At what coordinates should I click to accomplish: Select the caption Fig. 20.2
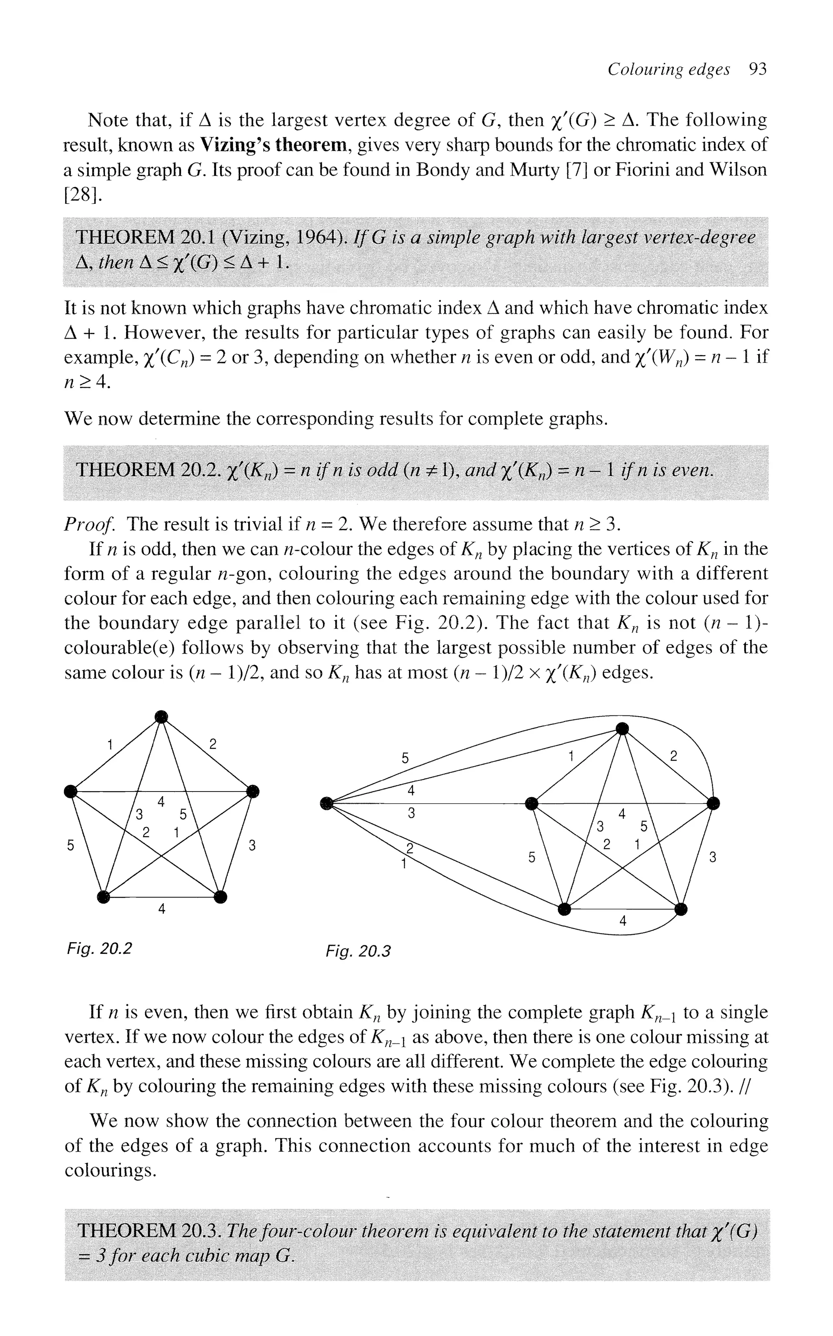(x=99, y=949)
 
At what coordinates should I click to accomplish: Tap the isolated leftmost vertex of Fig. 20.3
(x=327, y=804)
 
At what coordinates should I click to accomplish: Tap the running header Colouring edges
(x=668, y=70)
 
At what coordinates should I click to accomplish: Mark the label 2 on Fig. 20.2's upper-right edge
(x=213, y=744)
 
